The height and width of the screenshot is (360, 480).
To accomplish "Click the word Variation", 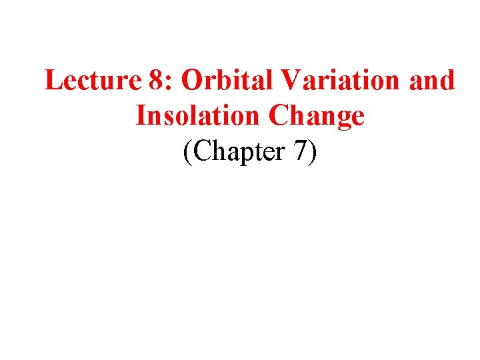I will point(337,81).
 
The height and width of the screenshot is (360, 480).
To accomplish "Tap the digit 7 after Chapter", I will point(301,151).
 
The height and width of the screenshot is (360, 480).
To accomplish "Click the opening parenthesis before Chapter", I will point(186,152).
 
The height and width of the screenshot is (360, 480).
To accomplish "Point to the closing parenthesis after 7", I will point(313,152).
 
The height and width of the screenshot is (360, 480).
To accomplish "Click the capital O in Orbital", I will point(191,81).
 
